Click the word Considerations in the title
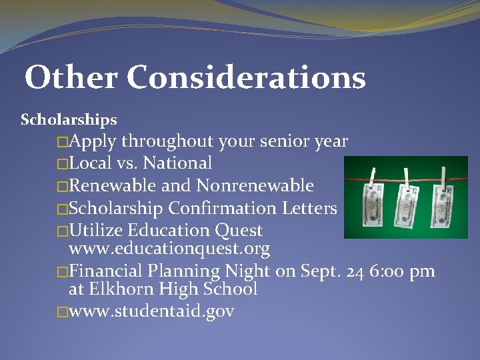[246, 77]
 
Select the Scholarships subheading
[69, 120]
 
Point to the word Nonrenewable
[255, 185]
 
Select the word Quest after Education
[239, 231]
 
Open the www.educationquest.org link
[169, 250]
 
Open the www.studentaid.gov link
[151, 311]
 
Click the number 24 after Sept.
[359, 271]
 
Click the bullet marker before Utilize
[63, 231]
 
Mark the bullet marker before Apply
[63, 142]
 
